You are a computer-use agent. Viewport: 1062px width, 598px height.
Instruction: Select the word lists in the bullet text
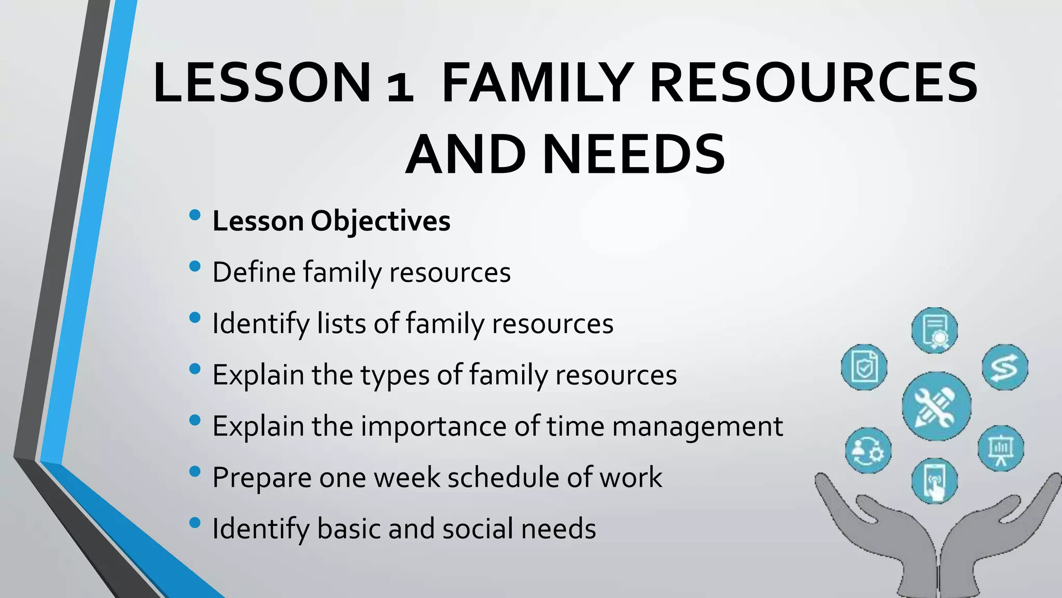click(342, 323)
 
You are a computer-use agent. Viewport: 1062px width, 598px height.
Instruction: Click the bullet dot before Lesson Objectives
click(195, 215)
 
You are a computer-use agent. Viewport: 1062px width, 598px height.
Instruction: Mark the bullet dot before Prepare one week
click(195, 471)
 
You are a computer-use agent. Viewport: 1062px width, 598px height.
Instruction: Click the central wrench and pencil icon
click(936, 406)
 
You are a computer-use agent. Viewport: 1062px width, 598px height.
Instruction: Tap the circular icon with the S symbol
click(1004, 367)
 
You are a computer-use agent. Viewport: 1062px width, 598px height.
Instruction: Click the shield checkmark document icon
click(864, 367)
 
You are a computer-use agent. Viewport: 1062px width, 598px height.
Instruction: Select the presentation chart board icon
click(1001, 448)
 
